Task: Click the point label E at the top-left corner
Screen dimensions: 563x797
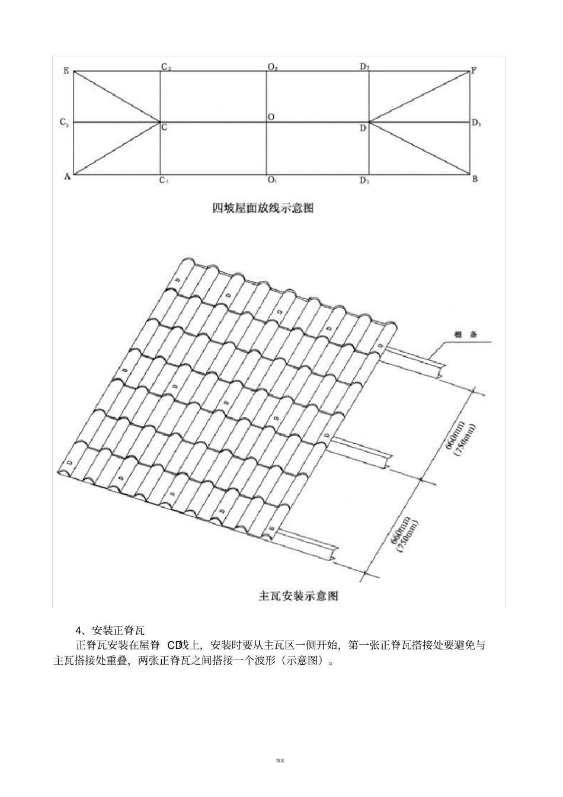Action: pos(66,71)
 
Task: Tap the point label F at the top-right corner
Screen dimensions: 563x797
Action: pos(474,71)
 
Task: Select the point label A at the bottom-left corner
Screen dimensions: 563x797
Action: pos(67,177)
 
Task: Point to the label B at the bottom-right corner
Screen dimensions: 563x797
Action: pos(475,180)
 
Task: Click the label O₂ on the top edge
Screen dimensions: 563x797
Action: pos(273,68)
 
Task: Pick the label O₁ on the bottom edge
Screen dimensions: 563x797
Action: pos(272,180)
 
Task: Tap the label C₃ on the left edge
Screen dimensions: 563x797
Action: pos(65,123)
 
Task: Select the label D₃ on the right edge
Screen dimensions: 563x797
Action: pos(476,123)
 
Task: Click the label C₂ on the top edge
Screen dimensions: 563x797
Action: pos(166,67)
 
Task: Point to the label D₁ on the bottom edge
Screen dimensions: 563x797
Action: pos(365,180)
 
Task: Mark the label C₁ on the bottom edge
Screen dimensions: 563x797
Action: pos(164,180)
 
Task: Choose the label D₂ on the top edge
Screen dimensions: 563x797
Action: pos(365,67)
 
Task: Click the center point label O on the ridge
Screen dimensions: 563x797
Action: pos(270,117)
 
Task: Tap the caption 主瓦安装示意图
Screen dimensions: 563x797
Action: pos(299,596)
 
